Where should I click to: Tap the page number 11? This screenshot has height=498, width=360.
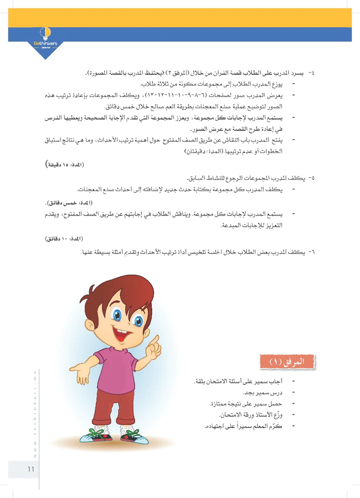pos(30,469)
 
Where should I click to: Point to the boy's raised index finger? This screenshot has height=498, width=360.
pos(155,340)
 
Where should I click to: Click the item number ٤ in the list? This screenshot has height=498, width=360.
pos(312,73)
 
